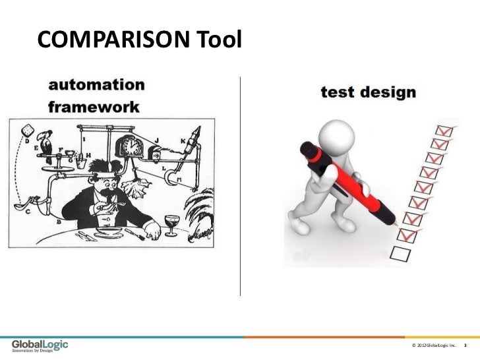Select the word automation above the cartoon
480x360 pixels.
96,86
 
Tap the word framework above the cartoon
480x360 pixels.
94,107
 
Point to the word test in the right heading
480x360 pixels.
338,93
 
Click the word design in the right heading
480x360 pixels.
390,93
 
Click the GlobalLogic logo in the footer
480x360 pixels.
40,344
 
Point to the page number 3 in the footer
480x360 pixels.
466,345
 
